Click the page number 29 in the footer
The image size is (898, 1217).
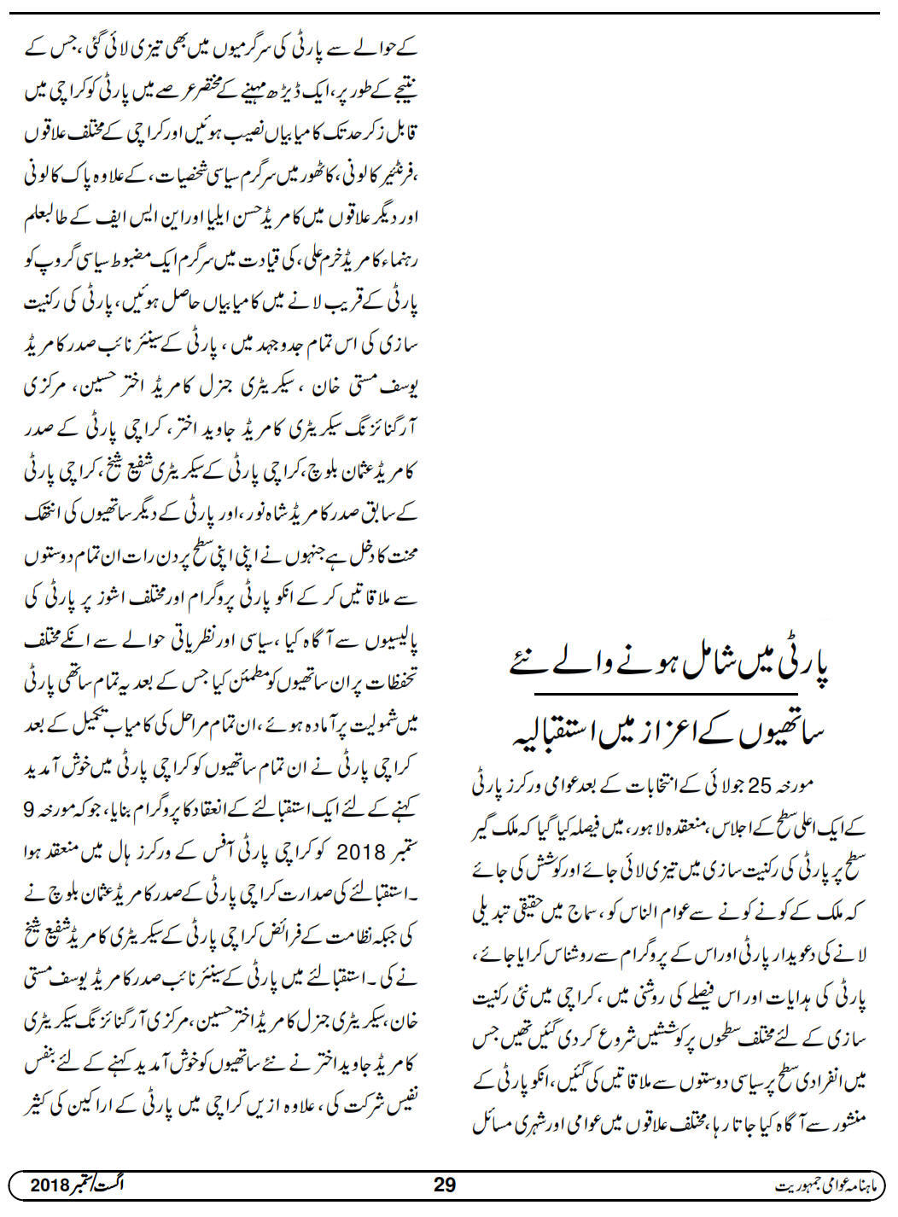(446, 1185)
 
